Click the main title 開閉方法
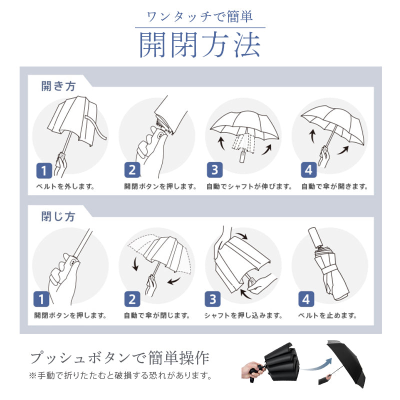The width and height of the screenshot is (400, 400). pyautogui.click(x=200, y=45)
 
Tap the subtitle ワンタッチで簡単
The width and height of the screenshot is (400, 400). pyautogui.click(x=200, y=16)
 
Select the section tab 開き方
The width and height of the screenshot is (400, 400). pyautogui.click(x=58, y=85)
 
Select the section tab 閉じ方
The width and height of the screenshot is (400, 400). pyautogui.click(x=58, y=216)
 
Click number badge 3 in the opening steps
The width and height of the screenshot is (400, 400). pyautogui.click(x=214, y=170)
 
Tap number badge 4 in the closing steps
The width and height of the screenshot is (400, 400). pyautogui.click(x=306, y=299)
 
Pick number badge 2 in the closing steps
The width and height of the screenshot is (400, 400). pyautogui.click(x=132, y=299)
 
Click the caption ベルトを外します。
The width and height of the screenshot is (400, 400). pyautogui.click(x=65, y=187)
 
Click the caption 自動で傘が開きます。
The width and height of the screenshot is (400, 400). pyautogui.click(x=334, y=187)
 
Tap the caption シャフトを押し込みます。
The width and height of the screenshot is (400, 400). pyautogui.click(x=243, y=315)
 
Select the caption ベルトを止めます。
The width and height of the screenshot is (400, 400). pyautogui.click(x=327, y=315)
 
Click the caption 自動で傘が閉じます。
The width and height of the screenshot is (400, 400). pyautogui.click(x=157, y=315)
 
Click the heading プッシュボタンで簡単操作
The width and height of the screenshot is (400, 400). pyautogui.click(x=119, y=358)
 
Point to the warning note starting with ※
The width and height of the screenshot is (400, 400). pyautogui.click(x=120, y=375)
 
